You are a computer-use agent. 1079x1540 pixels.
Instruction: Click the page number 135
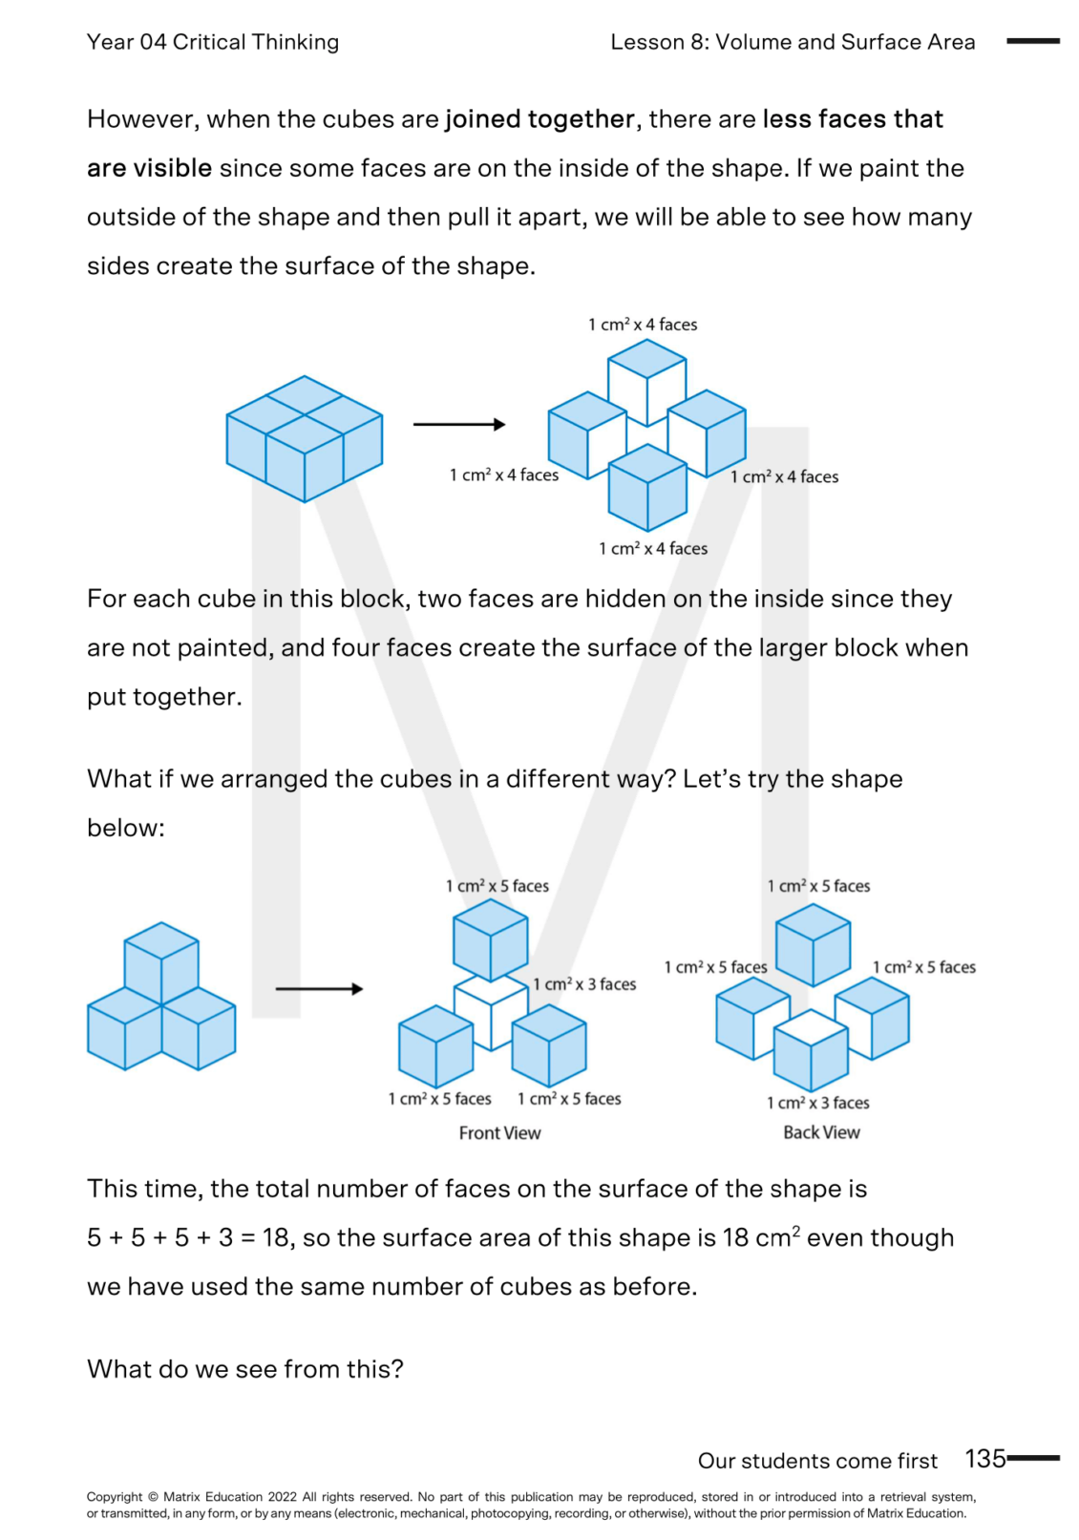984,1458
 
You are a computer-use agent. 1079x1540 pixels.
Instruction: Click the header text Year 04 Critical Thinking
212,42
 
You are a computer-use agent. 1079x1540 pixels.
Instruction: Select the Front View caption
499,1132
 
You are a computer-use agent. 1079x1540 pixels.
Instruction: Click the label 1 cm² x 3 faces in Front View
584,984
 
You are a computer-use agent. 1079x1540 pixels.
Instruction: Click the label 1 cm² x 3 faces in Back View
817,1103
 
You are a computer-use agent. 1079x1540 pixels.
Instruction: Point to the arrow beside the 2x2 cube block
459,424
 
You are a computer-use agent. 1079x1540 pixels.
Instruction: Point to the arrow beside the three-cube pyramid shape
319,988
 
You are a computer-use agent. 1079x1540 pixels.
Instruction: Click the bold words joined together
539,119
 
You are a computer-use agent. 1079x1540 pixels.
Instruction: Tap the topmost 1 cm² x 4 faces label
643,325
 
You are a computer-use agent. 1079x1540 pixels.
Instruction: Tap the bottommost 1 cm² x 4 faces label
653,549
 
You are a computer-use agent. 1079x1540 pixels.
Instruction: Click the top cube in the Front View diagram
490,940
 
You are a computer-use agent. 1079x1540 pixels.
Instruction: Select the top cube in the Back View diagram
813,944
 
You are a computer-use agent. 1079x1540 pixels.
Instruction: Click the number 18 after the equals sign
276,1238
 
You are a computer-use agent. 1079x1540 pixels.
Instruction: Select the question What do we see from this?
245,1369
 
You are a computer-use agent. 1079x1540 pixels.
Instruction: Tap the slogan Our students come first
817,1461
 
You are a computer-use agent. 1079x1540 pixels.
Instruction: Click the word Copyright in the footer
115,1497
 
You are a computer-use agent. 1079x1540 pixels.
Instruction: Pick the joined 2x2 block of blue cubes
304,439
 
